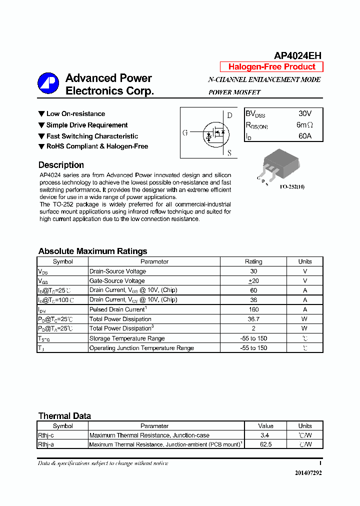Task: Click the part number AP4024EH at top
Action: [297, 55]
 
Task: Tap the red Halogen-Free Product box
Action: [271, 67]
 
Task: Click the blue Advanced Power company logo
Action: [48, 83]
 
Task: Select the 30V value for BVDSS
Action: [304, 114]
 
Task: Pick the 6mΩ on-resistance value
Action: [304, 125]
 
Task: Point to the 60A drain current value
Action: [304, 136]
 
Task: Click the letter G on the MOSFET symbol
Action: [185, 133]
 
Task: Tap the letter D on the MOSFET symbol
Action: [229, 115]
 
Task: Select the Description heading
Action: [61, 165]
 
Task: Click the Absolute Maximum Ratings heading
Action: [92, 251]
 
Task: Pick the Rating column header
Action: [253, 261]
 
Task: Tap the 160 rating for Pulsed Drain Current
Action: [253, 309]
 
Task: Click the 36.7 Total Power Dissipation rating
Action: [253, 319]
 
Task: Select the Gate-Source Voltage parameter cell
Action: [117, 281]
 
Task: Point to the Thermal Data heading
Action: [64, 416]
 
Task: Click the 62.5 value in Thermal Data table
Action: [265, 444]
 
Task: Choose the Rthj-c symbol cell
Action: [46, 435]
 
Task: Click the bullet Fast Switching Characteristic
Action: [92, 136]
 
